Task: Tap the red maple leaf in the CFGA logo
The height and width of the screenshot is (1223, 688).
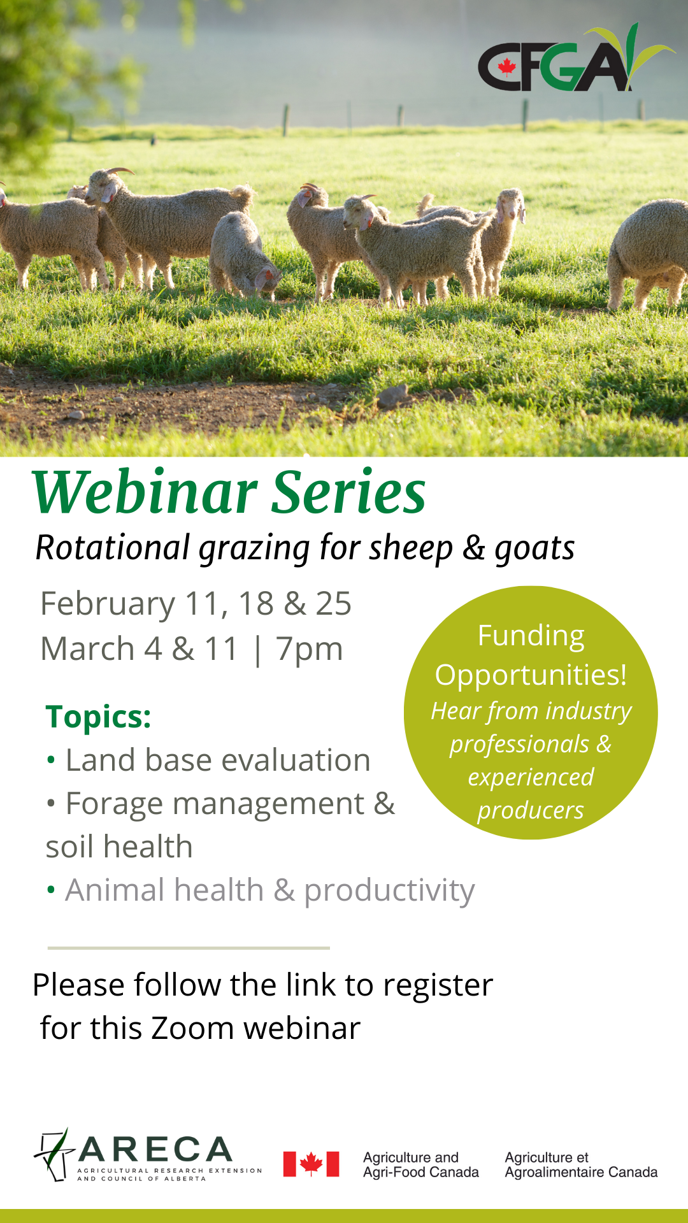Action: (507, 67)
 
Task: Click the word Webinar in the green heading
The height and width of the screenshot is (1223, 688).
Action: (145, 492)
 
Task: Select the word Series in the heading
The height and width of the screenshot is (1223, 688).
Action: (349, 492)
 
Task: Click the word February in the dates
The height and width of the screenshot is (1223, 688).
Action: (108, 603)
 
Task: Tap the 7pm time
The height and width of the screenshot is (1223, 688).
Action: (310, 649)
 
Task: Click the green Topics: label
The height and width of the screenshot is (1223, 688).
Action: (99, 717)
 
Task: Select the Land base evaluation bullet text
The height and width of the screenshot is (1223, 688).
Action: (218, 760)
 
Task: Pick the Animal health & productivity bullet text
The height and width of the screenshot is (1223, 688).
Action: (270, 890)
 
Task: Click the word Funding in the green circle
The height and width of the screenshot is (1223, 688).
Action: (531, 636)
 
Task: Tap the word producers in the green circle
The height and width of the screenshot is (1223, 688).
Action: (531, 810)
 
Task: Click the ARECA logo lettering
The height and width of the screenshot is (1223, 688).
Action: (155, 1150)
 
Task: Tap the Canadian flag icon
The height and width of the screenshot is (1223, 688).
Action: (311, 1164)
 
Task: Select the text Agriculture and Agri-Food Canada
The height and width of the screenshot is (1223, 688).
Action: (420, 1165)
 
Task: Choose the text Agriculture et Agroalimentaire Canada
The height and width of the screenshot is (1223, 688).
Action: (581, 1165)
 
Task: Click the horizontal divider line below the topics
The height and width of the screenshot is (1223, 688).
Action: (189, 948)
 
